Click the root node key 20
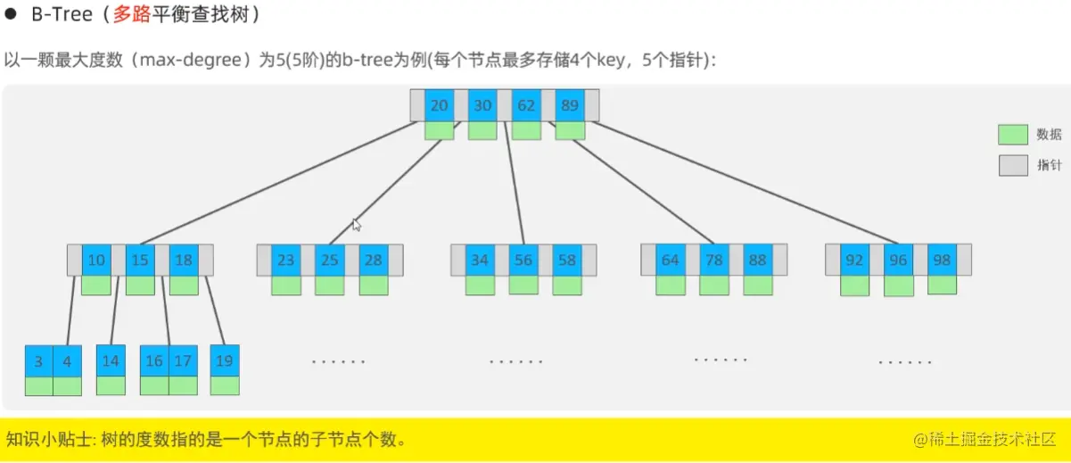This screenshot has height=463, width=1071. [x=439, y=105]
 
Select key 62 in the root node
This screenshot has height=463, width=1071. [x=526, y=105]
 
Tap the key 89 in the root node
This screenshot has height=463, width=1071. [x=570, y=105]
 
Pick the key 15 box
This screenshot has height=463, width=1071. [x=140, y=260]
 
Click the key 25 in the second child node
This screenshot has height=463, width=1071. [x=330, y=260]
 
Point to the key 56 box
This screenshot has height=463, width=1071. [x=523, y=260]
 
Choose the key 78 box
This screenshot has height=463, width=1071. [x=713, y=260]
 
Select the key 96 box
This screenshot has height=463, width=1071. [x=898, y=260]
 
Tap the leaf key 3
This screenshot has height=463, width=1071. [x=38, y=361]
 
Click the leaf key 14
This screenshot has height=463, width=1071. [x=111, y=361]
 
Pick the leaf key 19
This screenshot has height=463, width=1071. [x=225, y=361]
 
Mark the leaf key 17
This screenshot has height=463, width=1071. [x=183, y=361]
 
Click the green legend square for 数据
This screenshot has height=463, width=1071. [x=1013, y=135]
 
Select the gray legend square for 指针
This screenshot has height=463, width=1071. [x=1013, y=165]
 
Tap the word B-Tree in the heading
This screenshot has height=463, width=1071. [x=56, y=16]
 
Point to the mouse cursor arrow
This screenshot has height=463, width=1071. [x=356, y=225]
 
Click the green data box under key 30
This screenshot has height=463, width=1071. [x=482, y=130]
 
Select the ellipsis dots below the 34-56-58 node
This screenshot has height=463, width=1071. [x=516, y=361]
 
